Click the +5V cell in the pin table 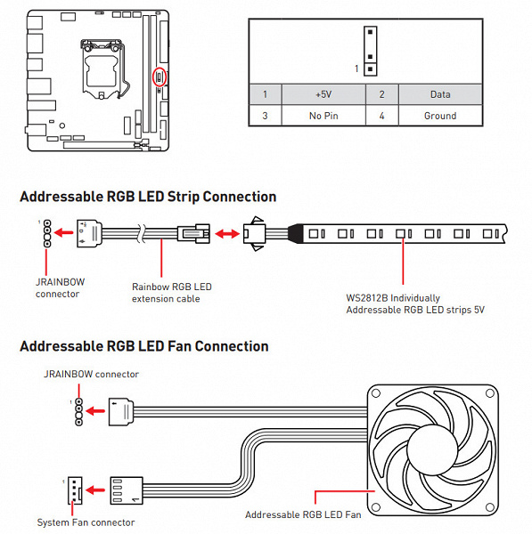[323, 94]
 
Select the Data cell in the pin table [440, 94]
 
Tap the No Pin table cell [323, 116]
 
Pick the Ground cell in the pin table [440, 116]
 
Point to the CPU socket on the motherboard [102, 69]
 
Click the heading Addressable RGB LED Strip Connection [148, 197]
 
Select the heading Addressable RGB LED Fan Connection [144, 346]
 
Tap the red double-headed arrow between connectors [226, 233]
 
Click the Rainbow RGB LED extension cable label [171, 293]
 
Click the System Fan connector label [86, 522]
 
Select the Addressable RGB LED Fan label [303, 514]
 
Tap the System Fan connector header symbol [75, 490]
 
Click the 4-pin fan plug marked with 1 [127, 490]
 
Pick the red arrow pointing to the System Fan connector [95, 490]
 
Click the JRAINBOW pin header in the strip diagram [47, 233]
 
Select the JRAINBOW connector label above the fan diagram [91, 374]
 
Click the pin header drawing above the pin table [370, 51]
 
